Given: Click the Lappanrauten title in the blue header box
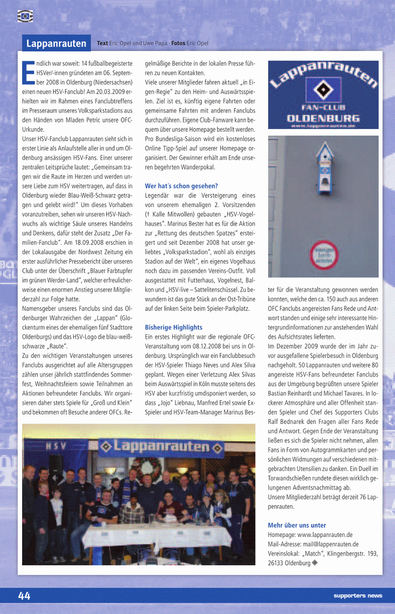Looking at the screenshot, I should pyautogui.click(x=56, y=43).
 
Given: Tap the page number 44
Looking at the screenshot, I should pyautogui.click(x=24, y=596).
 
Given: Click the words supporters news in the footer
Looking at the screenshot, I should pyautogui.click(x=357, y=595).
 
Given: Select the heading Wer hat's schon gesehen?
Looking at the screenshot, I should pyautogui.click(x=181, y=186).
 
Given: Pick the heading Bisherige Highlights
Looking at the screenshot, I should pyautogui.click(x=173, y=327).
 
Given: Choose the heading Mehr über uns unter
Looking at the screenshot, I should pyautogui.click(x=297, y=525).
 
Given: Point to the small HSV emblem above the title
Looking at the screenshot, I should pyautogui.click(x=25, y=16).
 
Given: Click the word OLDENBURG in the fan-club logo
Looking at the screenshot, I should pyautogui.click(x=323, y=118).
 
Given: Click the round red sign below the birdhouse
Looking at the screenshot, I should pyautogui.click(x=324, y=255).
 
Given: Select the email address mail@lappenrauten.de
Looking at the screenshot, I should pyautogui.click(x=331, y=544).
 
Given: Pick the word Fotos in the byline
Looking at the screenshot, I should pyautogui.click(x=178, y=43).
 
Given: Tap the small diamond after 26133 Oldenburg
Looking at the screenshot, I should pyautogui.click(x=315, y=562).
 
